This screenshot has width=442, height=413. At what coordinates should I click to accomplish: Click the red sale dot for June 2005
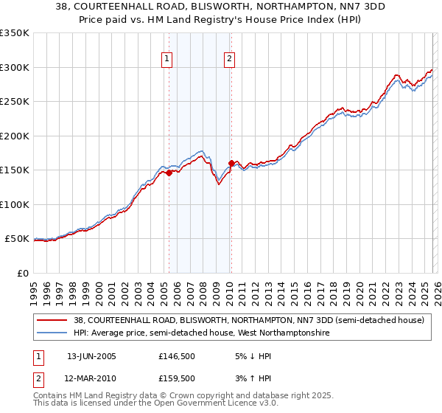[169, 173]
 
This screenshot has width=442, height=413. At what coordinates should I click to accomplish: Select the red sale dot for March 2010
[231, 164]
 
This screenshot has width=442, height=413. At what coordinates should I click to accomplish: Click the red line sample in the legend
[53, 321]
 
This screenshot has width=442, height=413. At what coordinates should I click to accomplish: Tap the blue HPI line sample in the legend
[53, 333]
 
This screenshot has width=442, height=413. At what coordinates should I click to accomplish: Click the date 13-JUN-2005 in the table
[91, 356]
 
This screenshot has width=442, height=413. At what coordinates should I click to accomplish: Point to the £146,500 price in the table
[177, 356]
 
